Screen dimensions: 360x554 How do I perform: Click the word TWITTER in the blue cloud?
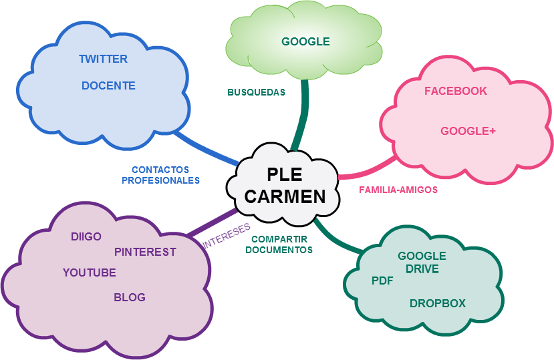coord(103,59)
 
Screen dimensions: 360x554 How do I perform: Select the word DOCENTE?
coord(108,85)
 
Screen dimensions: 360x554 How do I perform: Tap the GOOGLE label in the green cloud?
coord(305,41)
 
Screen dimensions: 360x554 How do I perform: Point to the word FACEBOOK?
coord(456,91)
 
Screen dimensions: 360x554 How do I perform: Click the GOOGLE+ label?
coord(468,131)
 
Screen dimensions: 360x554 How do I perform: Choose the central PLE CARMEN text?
coord(285,185)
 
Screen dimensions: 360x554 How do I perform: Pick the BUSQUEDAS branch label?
coord(256,92)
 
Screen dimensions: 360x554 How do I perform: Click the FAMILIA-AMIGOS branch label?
coord(398,190)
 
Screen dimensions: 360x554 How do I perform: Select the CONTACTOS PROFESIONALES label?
coord(160,175)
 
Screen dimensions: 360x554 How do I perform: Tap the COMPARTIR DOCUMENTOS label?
coord(279,244)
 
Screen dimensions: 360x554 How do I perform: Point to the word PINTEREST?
coord(145,252)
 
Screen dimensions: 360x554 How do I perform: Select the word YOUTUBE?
coord(90,273)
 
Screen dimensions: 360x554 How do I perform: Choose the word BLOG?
coord(130,297)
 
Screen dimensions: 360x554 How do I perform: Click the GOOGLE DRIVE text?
coord(422,262)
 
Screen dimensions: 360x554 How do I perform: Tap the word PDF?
coord(382,281)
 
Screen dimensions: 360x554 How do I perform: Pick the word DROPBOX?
coord(438,303)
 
